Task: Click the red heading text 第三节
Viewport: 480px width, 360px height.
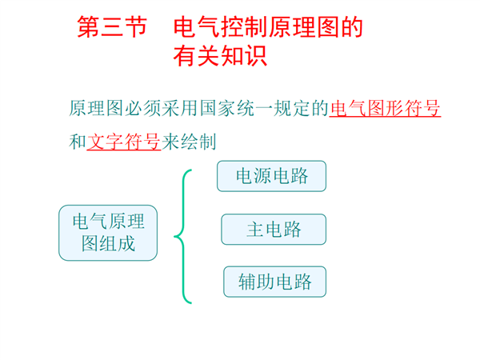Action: click(x=112, y=27)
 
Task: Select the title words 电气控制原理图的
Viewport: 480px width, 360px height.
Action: click(x=268, y=27)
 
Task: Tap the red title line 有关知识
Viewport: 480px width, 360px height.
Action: click(x=220, y=56)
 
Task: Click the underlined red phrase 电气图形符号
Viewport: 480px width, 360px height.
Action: click(x=385, y=108)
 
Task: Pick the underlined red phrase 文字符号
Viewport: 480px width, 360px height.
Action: click(x=124, y=142)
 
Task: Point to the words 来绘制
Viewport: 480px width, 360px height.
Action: click(x=189, y=142)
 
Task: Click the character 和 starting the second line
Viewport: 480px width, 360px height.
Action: click(x=78, y=142)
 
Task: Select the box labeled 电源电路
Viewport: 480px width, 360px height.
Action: click(x=271, y=176)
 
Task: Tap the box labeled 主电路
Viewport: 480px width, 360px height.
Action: click(x=274, y=230)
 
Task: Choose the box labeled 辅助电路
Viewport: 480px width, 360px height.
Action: click(x=275, y=282)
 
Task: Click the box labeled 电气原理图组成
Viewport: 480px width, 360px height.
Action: click(x=108, y=233)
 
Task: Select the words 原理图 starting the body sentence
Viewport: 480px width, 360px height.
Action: click(x=96, y=108)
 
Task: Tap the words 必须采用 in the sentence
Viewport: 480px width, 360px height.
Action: click(x=162, y=108)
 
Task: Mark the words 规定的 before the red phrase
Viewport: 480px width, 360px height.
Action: click(x=302, y=108)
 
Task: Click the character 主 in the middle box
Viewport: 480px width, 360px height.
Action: click(x=255, y=230)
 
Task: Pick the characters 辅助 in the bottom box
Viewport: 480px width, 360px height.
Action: click(x=257, y=282)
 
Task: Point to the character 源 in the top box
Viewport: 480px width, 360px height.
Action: click(x=262, y=176)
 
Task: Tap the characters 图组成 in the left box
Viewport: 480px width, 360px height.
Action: click(x=108, y=244)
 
